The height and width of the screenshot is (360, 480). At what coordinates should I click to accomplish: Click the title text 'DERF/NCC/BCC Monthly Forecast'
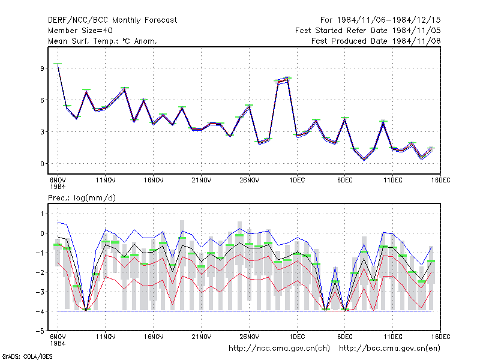(112, 20)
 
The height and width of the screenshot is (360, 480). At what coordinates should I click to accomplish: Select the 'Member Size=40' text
(80, 31)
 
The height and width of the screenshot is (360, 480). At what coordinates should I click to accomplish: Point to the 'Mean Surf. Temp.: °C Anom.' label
(102, 41)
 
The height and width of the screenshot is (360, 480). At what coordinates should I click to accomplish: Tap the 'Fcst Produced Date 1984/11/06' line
(376, 41)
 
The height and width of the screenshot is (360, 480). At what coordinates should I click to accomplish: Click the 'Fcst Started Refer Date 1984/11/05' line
(368, 31)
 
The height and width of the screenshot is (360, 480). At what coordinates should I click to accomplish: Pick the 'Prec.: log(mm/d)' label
(82, 198)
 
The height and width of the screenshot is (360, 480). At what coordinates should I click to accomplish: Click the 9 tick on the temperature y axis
(42, 68)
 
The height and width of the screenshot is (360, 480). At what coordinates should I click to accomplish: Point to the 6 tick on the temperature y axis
(42, 100)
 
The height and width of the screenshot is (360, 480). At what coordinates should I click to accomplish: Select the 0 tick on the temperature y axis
(42, 164)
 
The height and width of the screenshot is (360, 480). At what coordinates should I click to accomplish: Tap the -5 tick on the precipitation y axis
(40, 331)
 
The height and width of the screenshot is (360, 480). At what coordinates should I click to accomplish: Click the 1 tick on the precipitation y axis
(42, 214)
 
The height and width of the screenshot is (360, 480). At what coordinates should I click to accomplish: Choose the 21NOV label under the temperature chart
(202, 180)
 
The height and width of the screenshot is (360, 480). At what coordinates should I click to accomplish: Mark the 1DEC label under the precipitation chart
(297, 337)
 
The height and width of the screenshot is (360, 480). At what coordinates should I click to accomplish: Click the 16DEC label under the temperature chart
(440, 180)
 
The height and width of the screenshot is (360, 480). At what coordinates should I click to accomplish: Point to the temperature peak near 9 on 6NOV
(58, 64)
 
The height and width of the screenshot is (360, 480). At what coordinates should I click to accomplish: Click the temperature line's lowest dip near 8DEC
(364, 160)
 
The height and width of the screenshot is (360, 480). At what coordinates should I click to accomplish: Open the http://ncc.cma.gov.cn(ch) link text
(279, 349)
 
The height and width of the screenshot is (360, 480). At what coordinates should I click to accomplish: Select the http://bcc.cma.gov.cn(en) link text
(389, 349)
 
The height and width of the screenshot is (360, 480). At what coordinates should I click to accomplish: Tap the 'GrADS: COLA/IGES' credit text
(27, 356)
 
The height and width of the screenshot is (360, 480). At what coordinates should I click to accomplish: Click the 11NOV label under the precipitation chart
(106, 337)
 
